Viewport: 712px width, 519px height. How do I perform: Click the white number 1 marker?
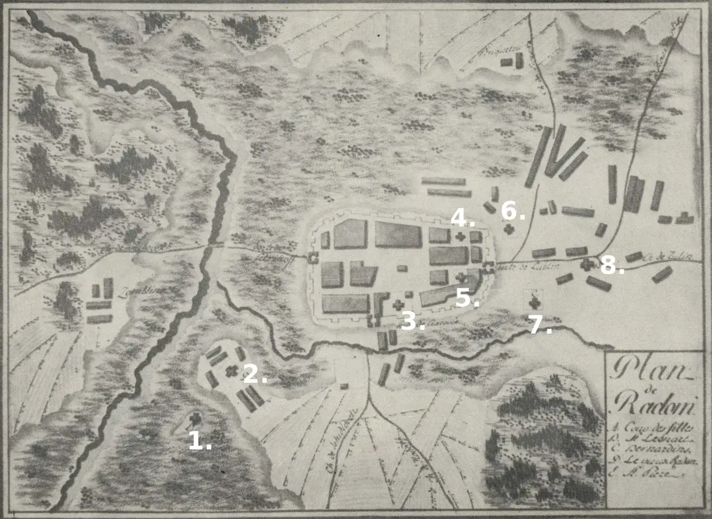click(199, 441)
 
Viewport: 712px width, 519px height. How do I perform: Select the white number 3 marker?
click(412, 321)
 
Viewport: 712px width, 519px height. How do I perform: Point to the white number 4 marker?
click(462, 218)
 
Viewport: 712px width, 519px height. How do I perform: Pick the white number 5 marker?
click(466, 299)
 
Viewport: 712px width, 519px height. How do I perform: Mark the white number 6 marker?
click(512, 211)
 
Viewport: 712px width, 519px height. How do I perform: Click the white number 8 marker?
click(611, 267)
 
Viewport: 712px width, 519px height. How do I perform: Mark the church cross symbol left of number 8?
click(586, 265)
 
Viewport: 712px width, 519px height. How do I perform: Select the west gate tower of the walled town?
click(313, 257)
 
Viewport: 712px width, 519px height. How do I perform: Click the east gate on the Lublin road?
click(489, 268)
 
